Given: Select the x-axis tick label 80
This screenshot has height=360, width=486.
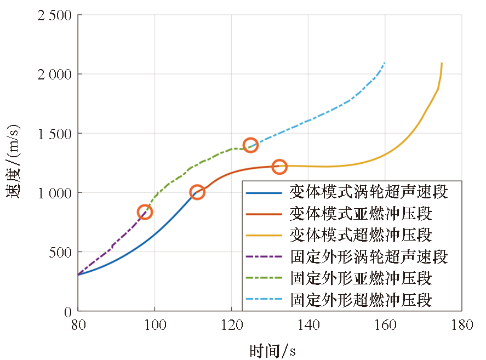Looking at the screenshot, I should pos(78,325).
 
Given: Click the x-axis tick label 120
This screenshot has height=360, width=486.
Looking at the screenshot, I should pos(231,325).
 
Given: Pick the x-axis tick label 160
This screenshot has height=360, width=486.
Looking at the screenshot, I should pos(385,325).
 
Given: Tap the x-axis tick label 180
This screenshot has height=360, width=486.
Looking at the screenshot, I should pos(461,325).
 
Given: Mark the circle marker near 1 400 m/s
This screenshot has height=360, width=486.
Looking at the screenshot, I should pos(250,145).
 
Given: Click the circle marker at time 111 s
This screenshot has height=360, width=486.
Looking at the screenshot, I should pos(197,192).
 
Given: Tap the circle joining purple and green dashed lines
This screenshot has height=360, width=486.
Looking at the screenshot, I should pos(145,212).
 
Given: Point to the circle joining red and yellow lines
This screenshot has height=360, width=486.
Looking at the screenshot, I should pos(279,167).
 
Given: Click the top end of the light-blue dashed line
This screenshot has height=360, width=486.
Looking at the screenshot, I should pos(385,63).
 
